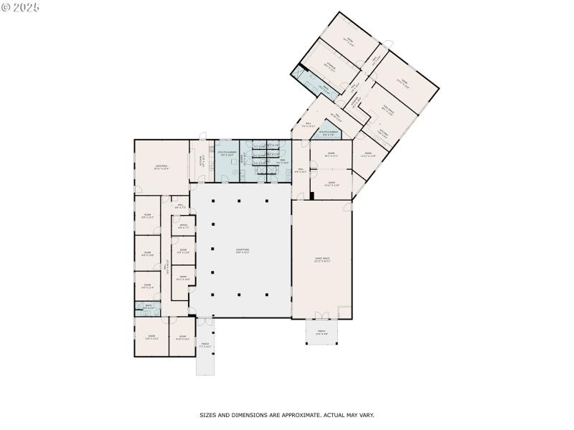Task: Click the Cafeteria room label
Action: point(161,167)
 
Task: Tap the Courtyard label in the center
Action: point(242,251)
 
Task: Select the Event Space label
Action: point(321,259)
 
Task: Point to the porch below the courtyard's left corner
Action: point(204,346)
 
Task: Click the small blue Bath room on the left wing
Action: point(146,307)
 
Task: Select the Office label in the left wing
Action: point(184,226)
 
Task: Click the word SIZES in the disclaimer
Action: point(207,415)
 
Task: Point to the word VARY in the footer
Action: point(364,415)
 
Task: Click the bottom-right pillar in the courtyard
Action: point(266,294)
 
